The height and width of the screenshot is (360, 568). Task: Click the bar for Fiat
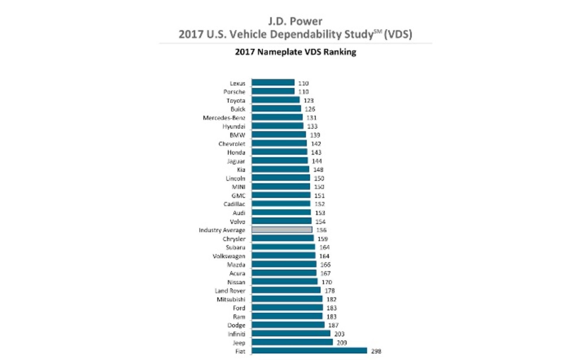tap(309, 351)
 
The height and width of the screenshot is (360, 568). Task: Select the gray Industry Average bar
tap(282, 230)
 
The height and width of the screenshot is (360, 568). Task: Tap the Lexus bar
tap(273, 83)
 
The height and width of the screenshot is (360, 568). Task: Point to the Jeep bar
tap(292, 342)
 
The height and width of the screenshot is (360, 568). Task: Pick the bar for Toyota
tap(275, 100)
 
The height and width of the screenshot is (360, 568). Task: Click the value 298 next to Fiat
tap(376, 351)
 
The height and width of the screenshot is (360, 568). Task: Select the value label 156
tap(321, 230)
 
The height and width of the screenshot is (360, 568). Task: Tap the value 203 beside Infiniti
tap(339, 334)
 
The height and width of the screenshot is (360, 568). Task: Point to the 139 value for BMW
tap(315, 135)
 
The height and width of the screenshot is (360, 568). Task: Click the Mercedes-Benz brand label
tap(224, 118)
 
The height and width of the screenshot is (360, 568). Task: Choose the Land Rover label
tap(230, 291)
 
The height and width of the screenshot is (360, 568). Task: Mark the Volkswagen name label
tap(229, 256)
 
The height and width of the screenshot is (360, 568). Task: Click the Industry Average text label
tap(222, 230)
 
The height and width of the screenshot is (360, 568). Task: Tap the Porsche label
tap(234, 92)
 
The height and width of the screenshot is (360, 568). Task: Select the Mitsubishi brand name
tap(231, 299)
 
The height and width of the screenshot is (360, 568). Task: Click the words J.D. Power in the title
tap(295, 21)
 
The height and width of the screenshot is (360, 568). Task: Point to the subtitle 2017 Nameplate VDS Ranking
tap(296, 52)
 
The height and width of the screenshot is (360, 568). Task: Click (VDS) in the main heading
tap(398, 34)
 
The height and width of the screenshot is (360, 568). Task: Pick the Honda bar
tap(279, 152)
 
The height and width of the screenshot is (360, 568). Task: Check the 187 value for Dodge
tap(333, 325)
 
